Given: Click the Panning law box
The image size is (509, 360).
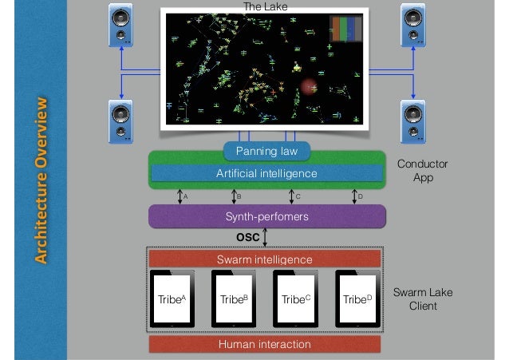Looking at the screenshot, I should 266,152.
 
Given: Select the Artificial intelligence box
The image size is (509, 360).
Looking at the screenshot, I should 266,173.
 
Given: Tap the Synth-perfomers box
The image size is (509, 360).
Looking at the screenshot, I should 266,216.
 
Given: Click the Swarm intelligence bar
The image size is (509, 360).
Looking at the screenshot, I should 265,259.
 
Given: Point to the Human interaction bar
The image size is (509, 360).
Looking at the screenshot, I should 265,344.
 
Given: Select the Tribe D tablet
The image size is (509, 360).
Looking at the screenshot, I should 357,299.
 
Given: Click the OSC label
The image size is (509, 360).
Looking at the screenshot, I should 248,237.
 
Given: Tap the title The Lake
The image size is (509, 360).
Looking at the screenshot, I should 265,6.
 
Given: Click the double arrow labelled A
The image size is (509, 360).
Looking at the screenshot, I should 180,196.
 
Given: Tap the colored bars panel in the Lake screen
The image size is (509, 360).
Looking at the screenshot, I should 346,28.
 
